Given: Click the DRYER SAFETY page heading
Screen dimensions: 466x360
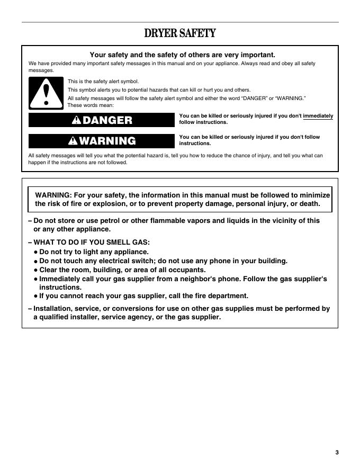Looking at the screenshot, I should [x=180, y=34].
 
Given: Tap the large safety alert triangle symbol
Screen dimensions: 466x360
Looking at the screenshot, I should [x=46, y=93].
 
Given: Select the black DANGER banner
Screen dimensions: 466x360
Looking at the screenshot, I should [x=101, y=120].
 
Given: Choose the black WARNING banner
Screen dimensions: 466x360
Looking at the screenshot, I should [x=101, y=141].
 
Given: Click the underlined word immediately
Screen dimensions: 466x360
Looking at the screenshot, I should [x=318, y=115].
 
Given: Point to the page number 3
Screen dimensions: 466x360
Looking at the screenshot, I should [x=336, y=452].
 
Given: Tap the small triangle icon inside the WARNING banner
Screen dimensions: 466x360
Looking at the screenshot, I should [x=73, y=141].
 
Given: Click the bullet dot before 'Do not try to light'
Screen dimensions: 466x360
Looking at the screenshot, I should [x=35, y=253].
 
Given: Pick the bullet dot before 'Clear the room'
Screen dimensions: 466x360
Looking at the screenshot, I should [x=35, y=270].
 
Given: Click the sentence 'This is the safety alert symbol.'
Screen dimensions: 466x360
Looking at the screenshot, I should [x=103, y=82].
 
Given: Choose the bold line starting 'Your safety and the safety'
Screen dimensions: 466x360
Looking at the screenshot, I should [x=183, y=55].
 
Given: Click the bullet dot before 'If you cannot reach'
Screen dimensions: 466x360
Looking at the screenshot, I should [x=35, y=297].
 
